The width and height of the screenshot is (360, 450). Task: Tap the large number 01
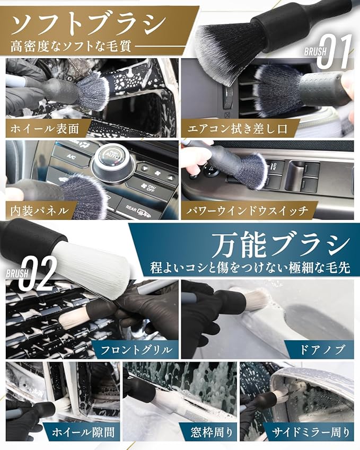pyautogui.click(x=334, y=51)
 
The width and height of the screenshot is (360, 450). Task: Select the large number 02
pyautogui.click(x=37, y=273)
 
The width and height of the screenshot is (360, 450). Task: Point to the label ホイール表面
pyautogui.click(x=45, y=129)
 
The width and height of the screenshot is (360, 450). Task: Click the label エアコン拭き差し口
pyautogui.click(x=237, y=129)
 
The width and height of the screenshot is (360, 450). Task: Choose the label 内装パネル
pyautogui.click(x=39, y=211)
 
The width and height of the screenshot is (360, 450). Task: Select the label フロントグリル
pyautogui.click(x=137, y=350)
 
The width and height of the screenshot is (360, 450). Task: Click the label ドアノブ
pyautogui.click(x=322, y=350)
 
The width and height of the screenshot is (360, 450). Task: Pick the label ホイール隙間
pyautogui.click(x=83, y=432)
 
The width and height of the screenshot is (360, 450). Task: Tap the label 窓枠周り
pyautogui.click(x=212, y=432)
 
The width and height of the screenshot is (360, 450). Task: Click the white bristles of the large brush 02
pyautogui.click(x=91, y=262)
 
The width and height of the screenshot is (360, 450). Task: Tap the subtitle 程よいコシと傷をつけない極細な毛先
pyautogui.click(x=250, y=268)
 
